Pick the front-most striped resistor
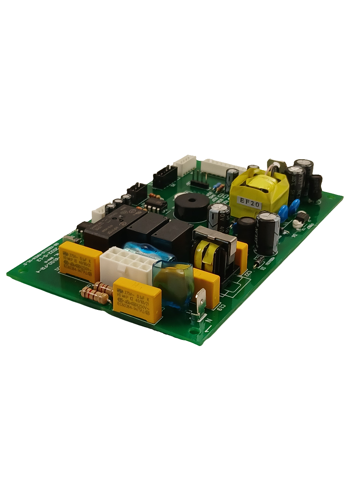(x=96, y=296)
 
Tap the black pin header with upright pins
(x=200, y=181)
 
